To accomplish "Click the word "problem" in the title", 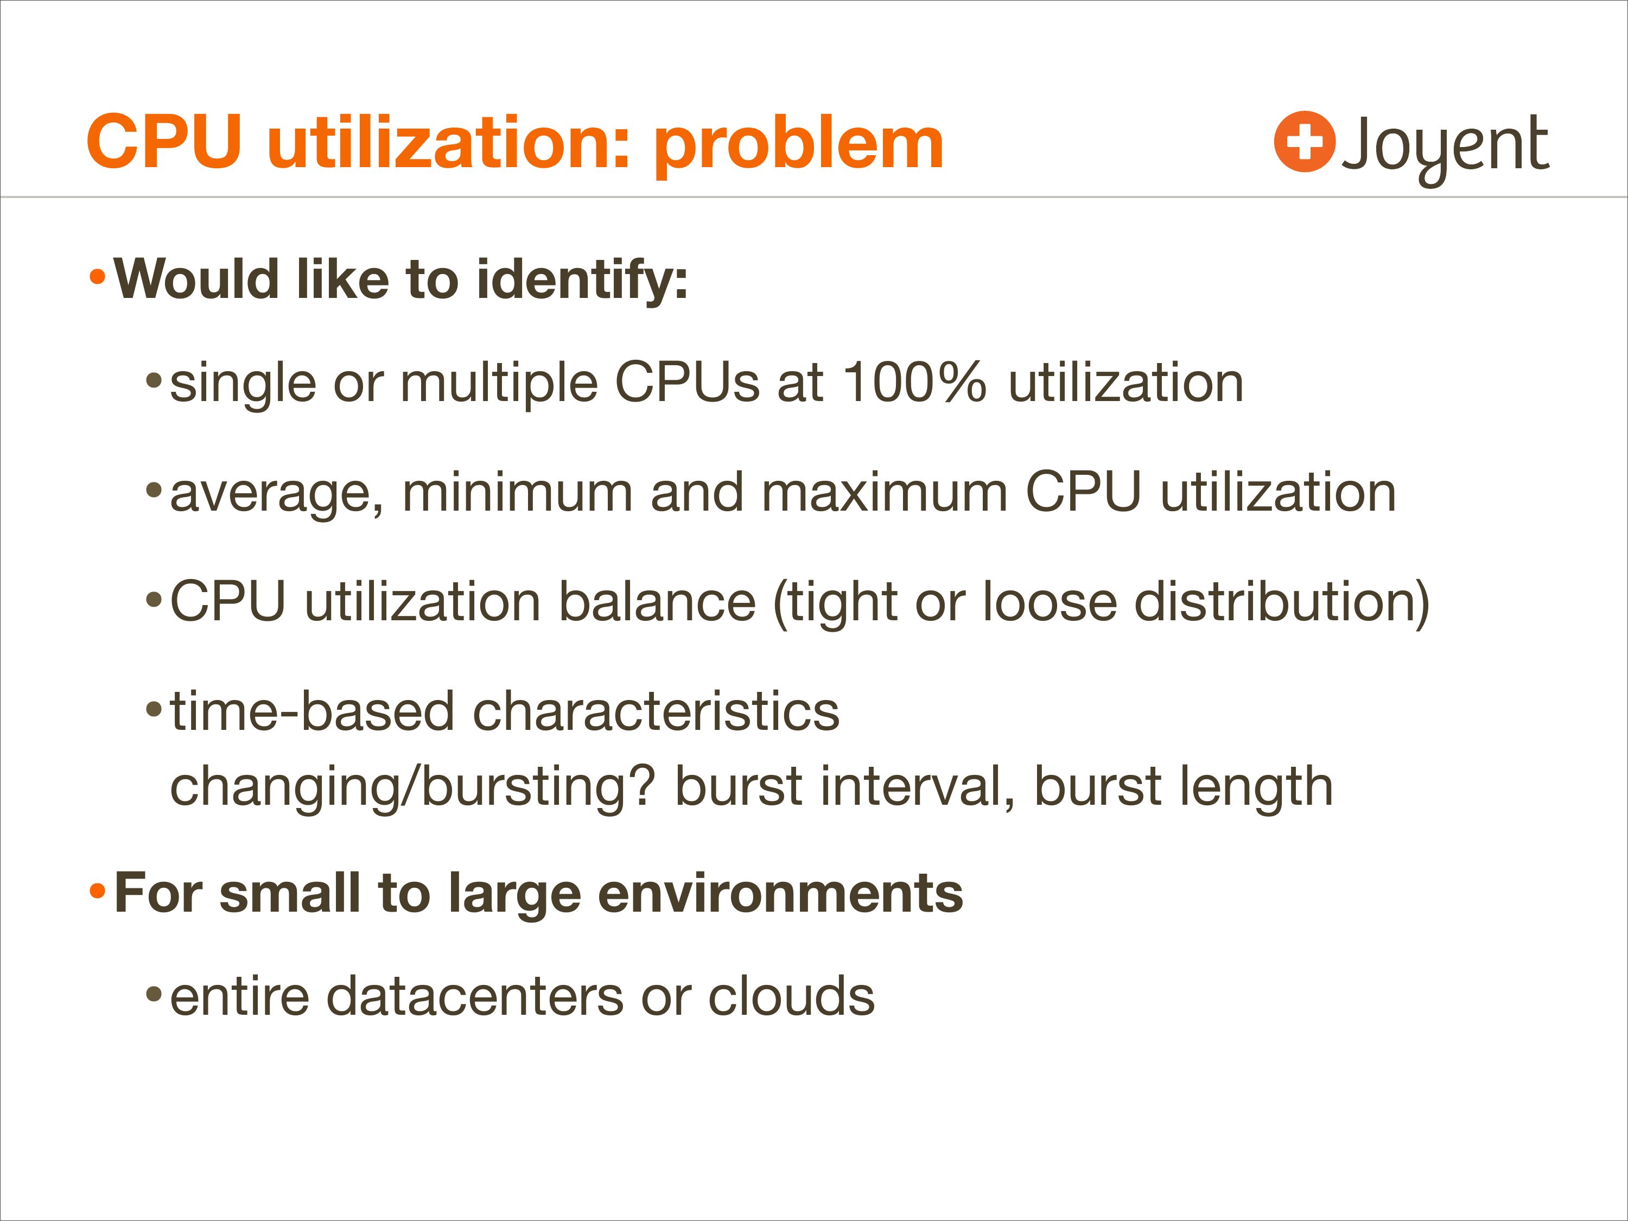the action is pyautogui.click(x=799, y=145).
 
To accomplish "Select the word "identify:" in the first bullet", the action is pyautogui.click(x=582, y=281).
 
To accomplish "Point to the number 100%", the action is pyautogui.click(x=914, y=383).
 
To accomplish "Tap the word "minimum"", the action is pyautogui.click(x=517, y=492).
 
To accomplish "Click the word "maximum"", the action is pyautogui.click(x=885, y=492).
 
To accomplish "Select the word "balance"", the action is pyautogui.click(x=657, y=601).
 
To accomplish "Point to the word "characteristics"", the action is pyautogui.click(x=656, y=711).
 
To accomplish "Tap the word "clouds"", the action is pyautogui.click(x=791, y=996).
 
